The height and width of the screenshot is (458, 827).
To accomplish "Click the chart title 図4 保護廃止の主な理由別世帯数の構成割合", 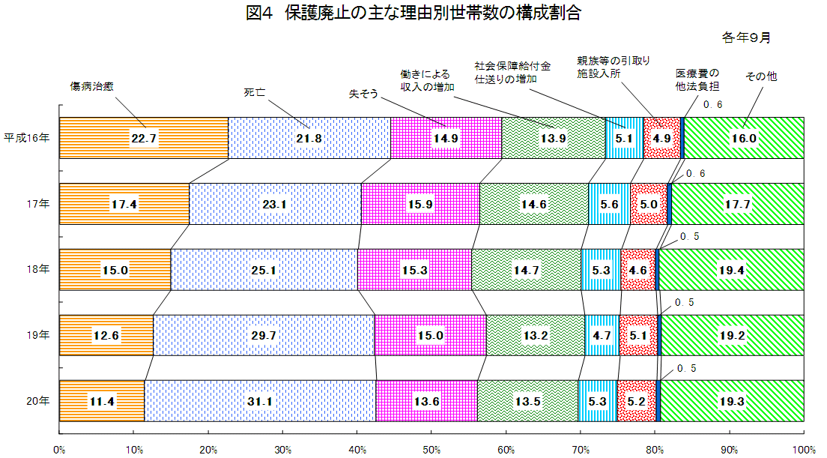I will pos(413,13).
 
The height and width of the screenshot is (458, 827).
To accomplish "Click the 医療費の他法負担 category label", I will pos(697,79).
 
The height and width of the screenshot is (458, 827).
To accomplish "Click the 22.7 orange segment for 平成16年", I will pos(143,138).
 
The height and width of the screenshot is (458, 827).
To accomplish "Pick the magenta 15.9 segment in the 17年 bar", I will pos(420,204).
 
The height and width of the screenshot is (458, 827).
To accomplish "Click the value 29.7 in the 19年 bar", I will pos(264,336).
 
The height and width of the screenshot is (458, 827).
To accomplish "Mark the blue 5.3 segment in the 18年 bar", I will pos(601,270).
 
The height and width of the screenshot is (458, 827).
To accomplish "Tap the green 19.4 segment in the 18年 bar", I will pos(731,270).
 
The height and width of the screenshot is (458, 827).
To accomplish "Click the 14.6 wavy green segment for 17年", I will pos(534,204).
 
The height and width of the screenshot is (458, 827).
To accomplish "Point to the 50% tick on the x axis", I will pos(431,449).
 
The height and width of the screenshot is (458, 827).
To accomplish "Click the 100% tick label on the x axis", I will pos(803,449).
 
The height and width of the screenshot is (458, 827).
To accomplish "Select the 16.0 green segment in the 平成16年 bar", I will pos(744,138).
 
